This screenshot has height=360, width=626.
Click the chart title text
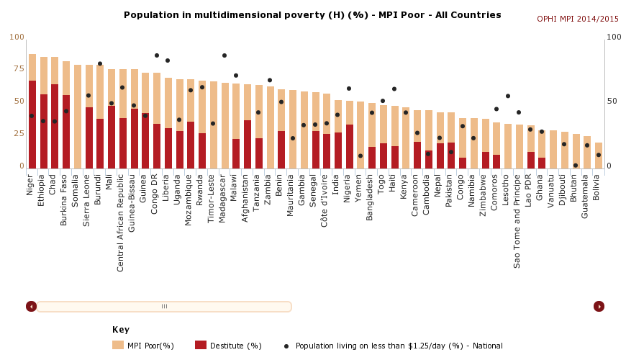(312, 15)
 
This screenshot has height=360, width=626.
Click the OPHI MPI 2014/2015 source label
(578, 19)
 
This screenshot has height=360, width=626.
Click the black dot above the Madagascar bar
(224, 55)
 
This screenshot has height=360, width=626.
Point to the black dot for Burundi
(100, 63)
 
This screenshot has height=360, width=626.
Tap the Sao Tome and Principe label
(518, 220)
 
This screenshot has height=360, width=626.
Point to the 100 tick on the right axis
(614, 37)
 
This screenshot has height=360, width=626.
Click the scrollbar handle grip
(164, 307)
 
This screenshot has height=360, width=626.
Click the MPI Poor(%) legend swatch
(118, 346)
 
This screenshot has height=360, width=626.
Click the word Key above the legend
(121, 330)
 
